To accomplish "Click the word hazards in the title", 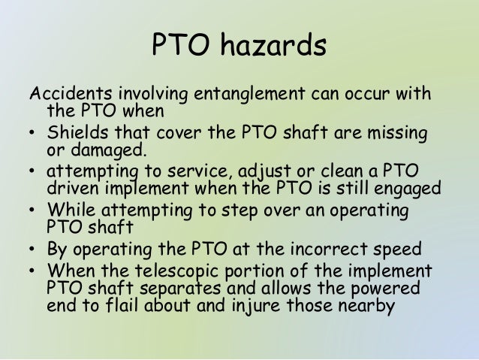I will click(x=273, y=46).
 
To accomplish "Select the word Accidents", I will click(x=65, y=95).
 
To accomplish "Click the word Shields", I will click(x=77, y=134).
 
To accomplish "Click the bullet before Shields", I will click(x=34, y=135).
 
